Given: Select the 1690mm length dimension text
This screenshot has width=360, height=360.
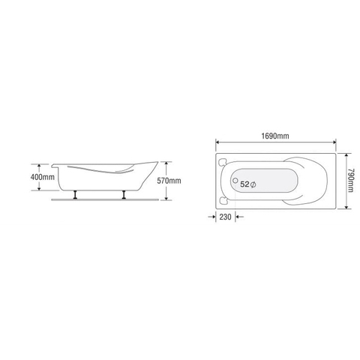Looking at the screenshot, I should click(x=275, y=136).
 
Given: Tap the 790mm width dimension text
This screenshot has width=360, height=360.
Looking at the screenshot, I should click(x=349, y=181).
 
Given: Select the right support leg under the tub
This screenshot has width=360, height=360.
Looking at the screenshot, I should click(x=124, y=196).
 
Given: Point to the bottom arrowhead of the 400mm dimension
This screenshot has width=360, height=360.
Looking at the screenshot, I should click(x=37, y=189).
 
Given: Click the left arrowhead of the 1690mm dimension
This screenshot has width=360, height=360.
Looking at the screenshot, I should click(x=218, y=141).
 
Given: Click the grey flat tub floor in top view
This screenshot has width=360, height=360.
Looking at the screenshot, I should click(x=270, y=182).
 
